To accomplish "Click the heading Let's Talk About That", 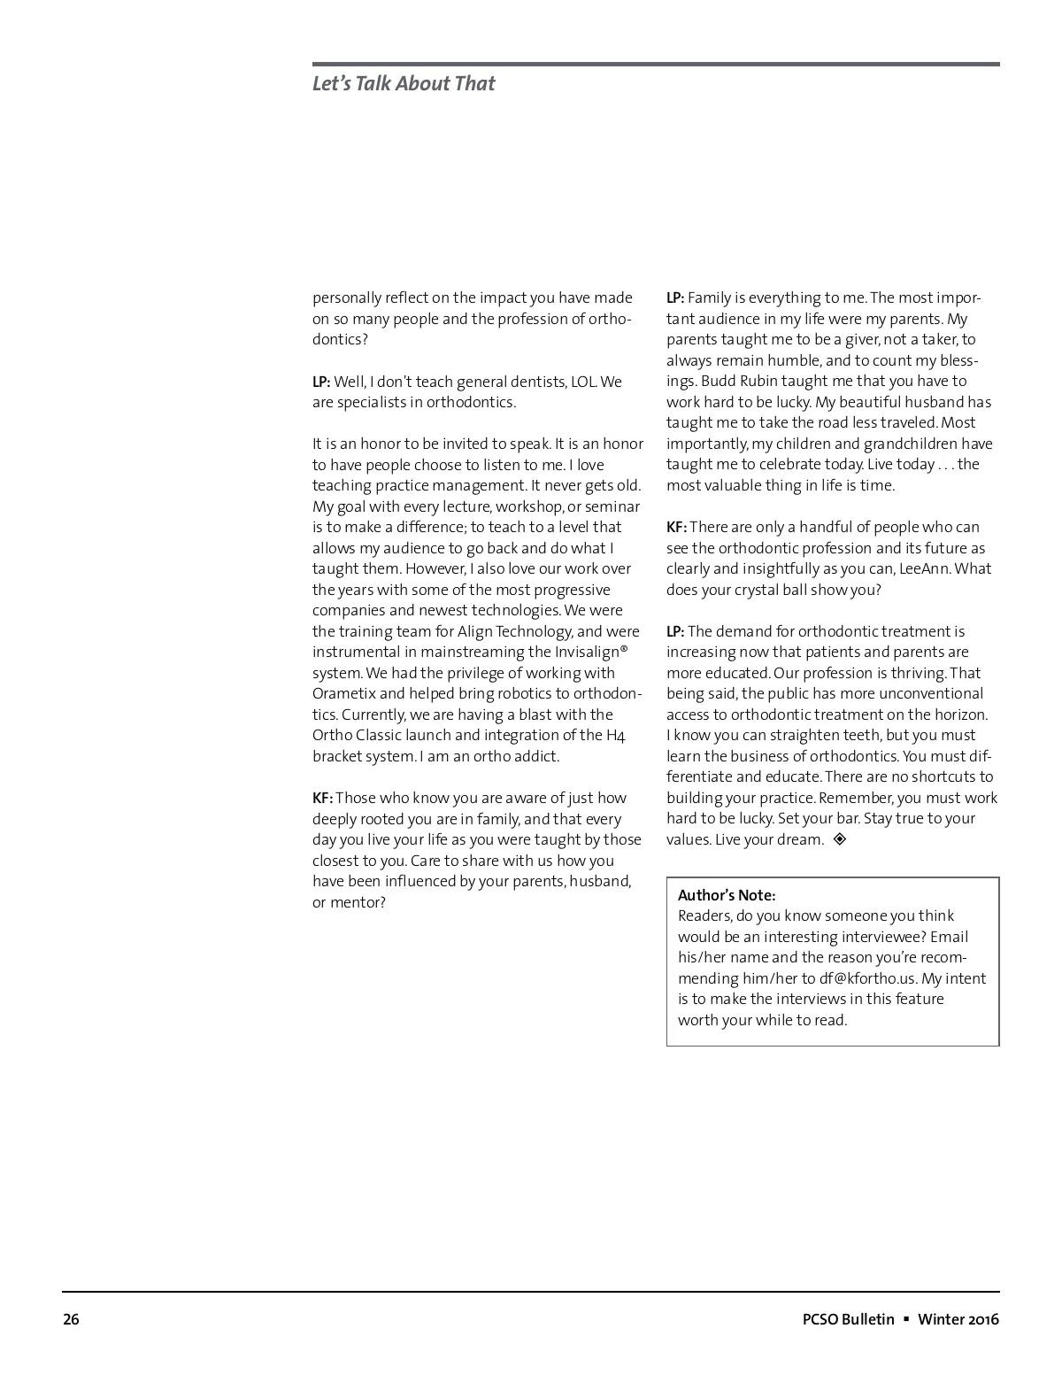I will [404, 84].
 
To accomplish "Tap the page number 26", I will [71, 1319].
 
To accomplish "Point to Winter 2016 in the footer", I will [958, 1319].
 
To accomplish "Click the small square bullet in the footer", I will [906, 1319].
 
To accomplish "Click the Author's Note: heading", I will [727, 895].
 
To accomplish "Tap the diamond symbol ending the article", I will [840, 838].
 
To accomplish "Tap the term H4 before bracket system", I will [616, 735].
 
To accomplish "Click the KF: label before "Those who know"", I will [322, 798].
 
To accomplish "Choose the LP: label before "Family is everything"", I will [675, 297].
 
